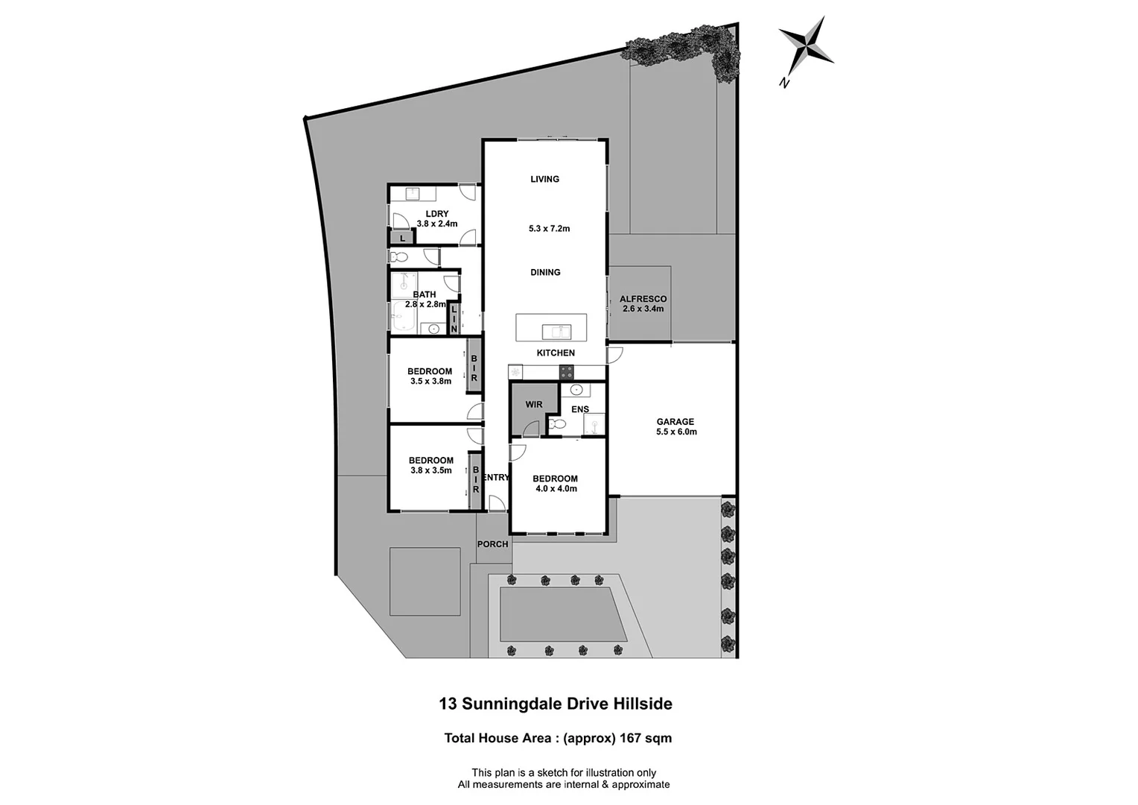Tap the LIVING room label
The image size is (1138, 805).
[544, 179]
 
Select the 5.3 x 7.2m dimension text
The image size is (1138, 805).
[549, 229]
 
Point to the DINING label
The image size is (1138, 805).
[545, 272]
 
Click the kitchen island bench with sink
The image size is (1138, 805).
[551, 327]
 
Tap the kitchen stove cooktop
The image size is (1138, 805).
[567, 372]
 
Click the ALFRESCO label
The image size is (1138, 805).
[643, 299]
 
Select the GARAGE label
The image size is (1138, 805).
[676, 422]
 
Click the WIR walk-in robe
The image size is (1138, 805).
[534, 405]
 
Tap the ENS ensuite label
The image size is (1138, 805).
[580, 409]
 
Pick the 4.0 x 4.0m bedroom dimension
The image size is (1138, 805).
[556, 489]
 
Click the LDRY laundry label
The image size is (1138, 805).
[436, 214]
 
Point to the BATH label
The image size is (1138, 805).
[425, 294]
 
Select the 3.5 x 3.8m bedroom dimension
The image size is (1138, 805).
[430, 381]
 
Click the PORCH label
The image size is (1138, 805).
[492, 544]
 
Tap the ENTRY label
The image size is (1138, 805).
[496, 478]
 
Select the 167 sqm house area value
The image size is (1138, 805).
[643, 739]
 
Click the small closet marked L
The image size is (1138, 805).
[402, 239]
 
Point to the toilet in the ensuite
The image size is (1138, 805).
[556, 424]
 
